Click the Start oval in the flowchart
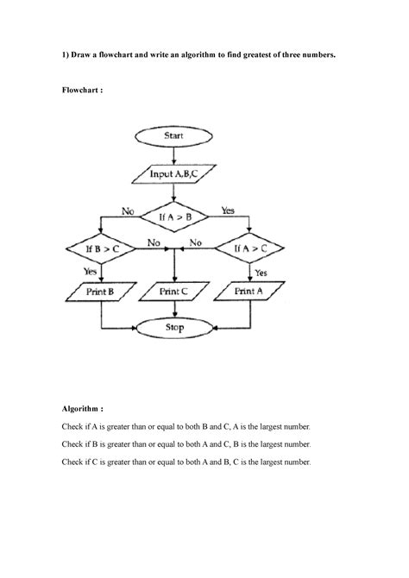pos(175,136)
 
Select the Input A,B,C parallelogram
pos(175,173)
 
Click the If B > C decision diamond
pos(103,248)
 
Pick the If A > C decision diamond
pos(250,248)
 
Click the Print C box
pos(175,292)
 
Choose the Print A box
pos(250,292)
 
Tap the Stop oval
pos(175,328)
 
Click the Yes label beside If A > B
pos(229,210)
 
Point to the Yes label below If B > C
pos(91,270)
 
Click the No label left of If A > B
pos(129,210)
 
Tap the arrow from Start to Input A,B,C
pos(175,154)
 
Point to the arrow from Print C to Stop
pos(175,311)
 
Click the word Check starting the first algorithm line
pos(74,427)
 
